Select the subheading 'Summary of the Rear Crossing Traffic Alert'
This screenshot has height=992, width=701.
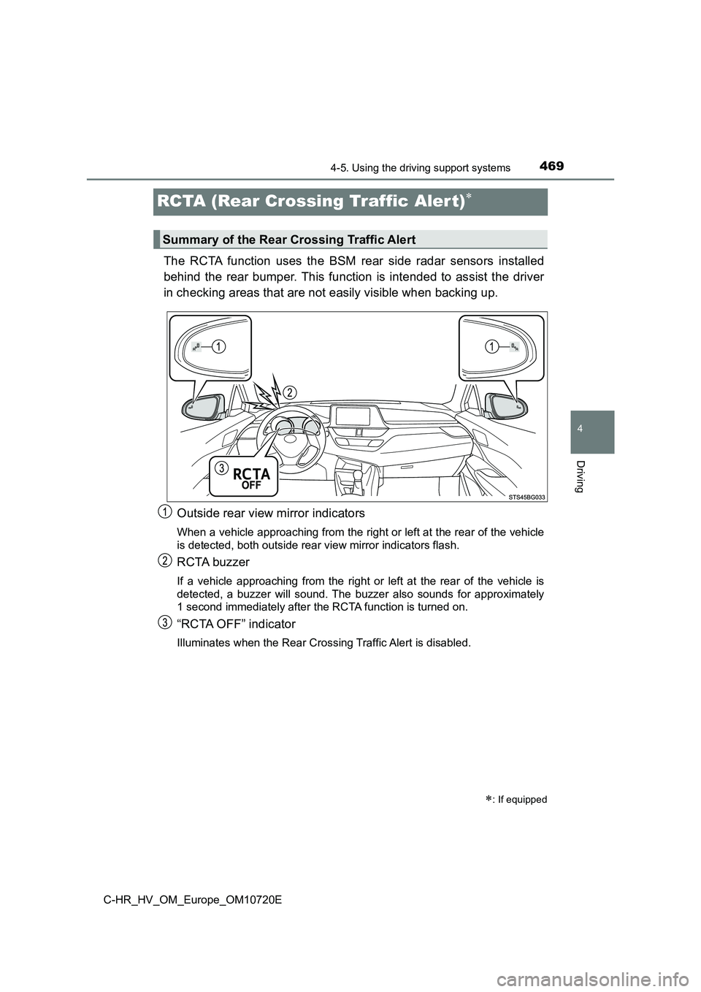(x=289, y=240)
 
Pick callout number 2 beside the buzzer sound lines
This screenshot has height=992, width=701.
(x=290, y=392)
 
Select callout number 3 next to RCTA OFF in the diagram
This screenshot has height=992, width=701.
(x=221, y=468)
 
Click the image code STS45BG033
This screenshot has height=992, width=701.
(x=526, y=496)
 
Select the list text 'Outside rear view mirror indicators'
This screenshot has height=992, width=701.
(x=271, y=514)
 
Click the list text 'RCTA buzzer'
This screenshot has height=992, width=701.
(x=213, y=562)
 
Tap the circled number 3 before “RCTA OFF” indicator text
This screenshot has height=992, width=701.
(x=166, y=622)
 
